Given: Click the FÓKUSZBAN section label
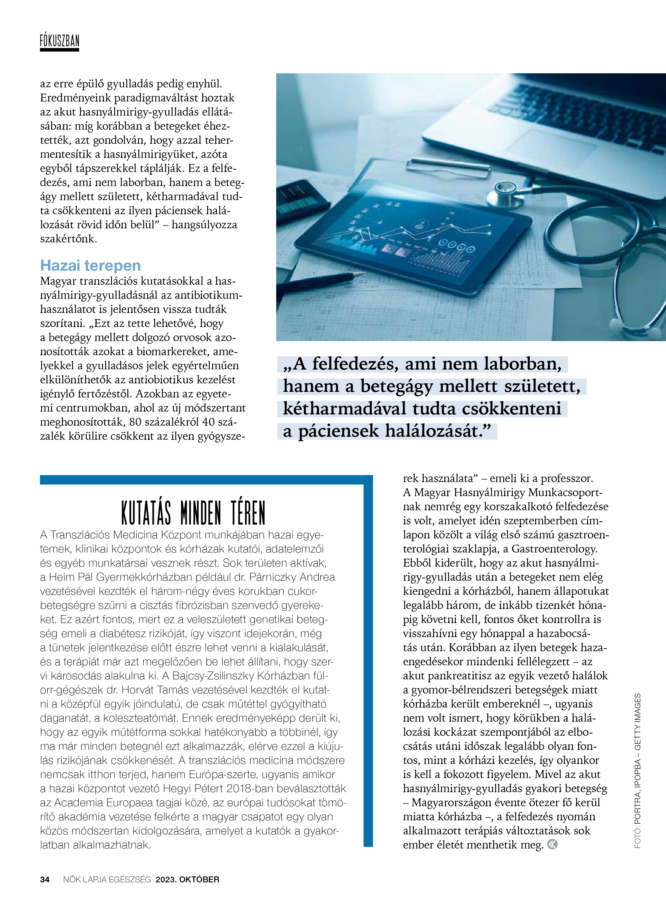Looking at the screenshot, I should (x=59, y=41).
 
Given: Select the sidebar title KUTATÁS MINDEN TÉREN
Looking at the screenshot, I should (x=193, y=513).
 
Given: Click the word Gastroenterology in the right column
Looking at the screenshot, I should (x=554, y=549).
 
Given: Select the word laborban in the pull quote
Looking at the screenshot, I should (x=523, y=364).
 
